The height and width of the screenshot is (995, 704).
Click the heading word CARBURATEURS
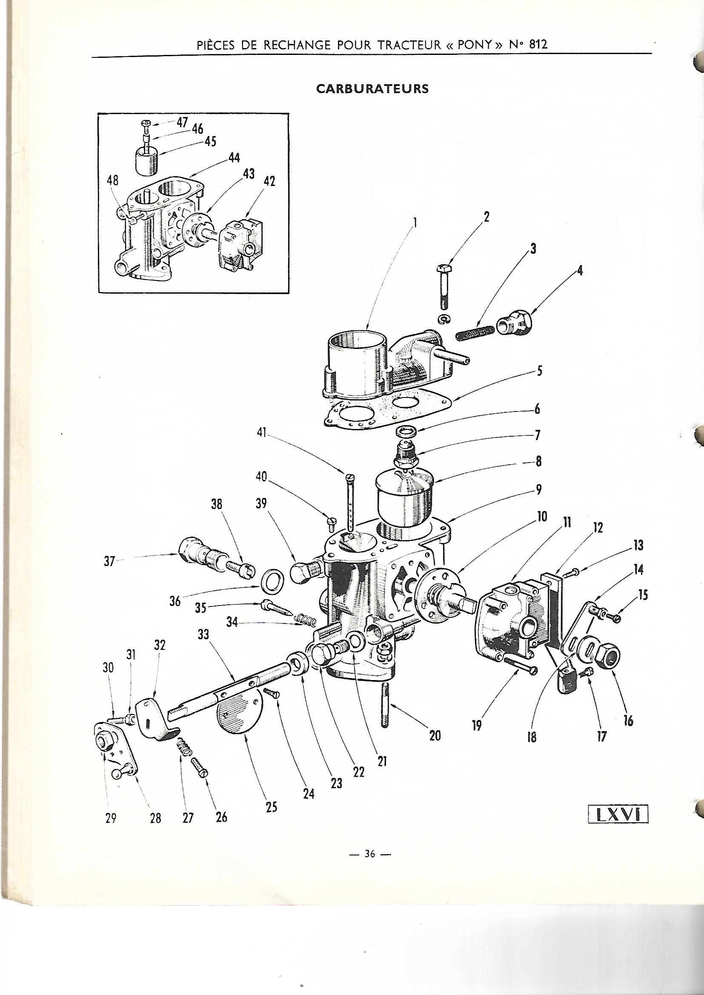tap(372, 89)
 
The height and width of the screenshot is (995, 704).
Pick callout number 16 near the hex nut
tap(628, 721)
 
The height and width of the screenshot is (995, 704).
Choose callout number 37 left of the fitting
tap(109, 562)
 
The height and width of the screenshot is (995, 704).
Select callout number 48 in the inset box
tap(113, 180)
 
